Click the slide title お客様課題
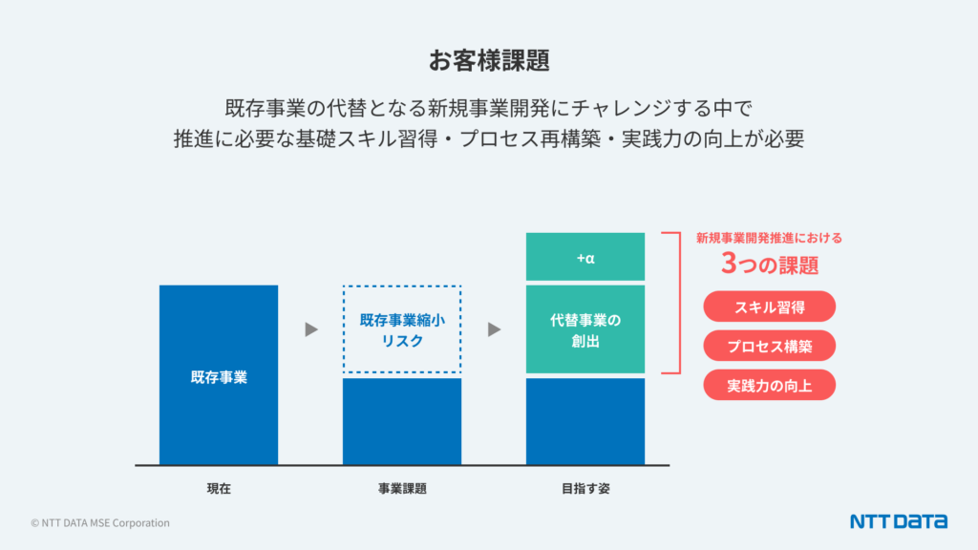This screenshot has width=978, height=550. click(488, 60)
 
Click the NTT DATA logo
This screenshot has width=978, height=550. click(898, 521)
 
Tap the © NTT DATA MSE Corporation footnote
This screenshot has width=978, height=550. click(100, 523)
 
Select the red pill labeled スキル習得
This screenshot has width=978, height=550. click(769, 307)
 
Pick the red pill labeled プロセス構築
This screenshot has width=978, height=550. click(769, 346)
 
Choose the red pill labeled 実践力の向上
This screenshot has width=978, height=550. click(769, 385)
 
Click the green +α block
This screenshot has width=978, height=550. click(585, 257)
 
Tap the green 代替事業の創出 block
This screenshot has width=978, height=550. click(585, 328)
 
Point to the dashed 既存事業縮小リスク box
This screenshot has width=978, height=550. click(402, 329)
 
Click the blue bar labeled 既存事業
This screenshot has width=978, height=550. click(219, 375)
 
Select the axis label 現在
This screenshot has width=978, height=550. click(219, 489)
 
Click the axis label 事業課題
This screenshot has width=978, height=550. click(402, 489)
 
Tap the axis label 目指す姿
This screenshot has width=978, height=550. click(585, 489)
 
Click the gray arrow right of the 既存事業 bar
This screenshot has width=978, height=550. click(310, 329)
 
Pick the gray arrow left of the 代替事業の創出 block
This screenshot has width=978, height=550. click(494, 329)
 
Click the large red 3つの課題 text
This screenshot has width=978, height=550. click(769, 264)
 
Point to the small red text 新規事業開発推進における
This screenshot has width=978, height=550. click(769, 239)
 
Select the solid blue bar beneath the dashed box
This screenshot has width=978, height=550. click(402, 421)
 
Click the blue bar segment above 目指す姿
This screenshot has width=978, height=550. click(585, 421)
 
